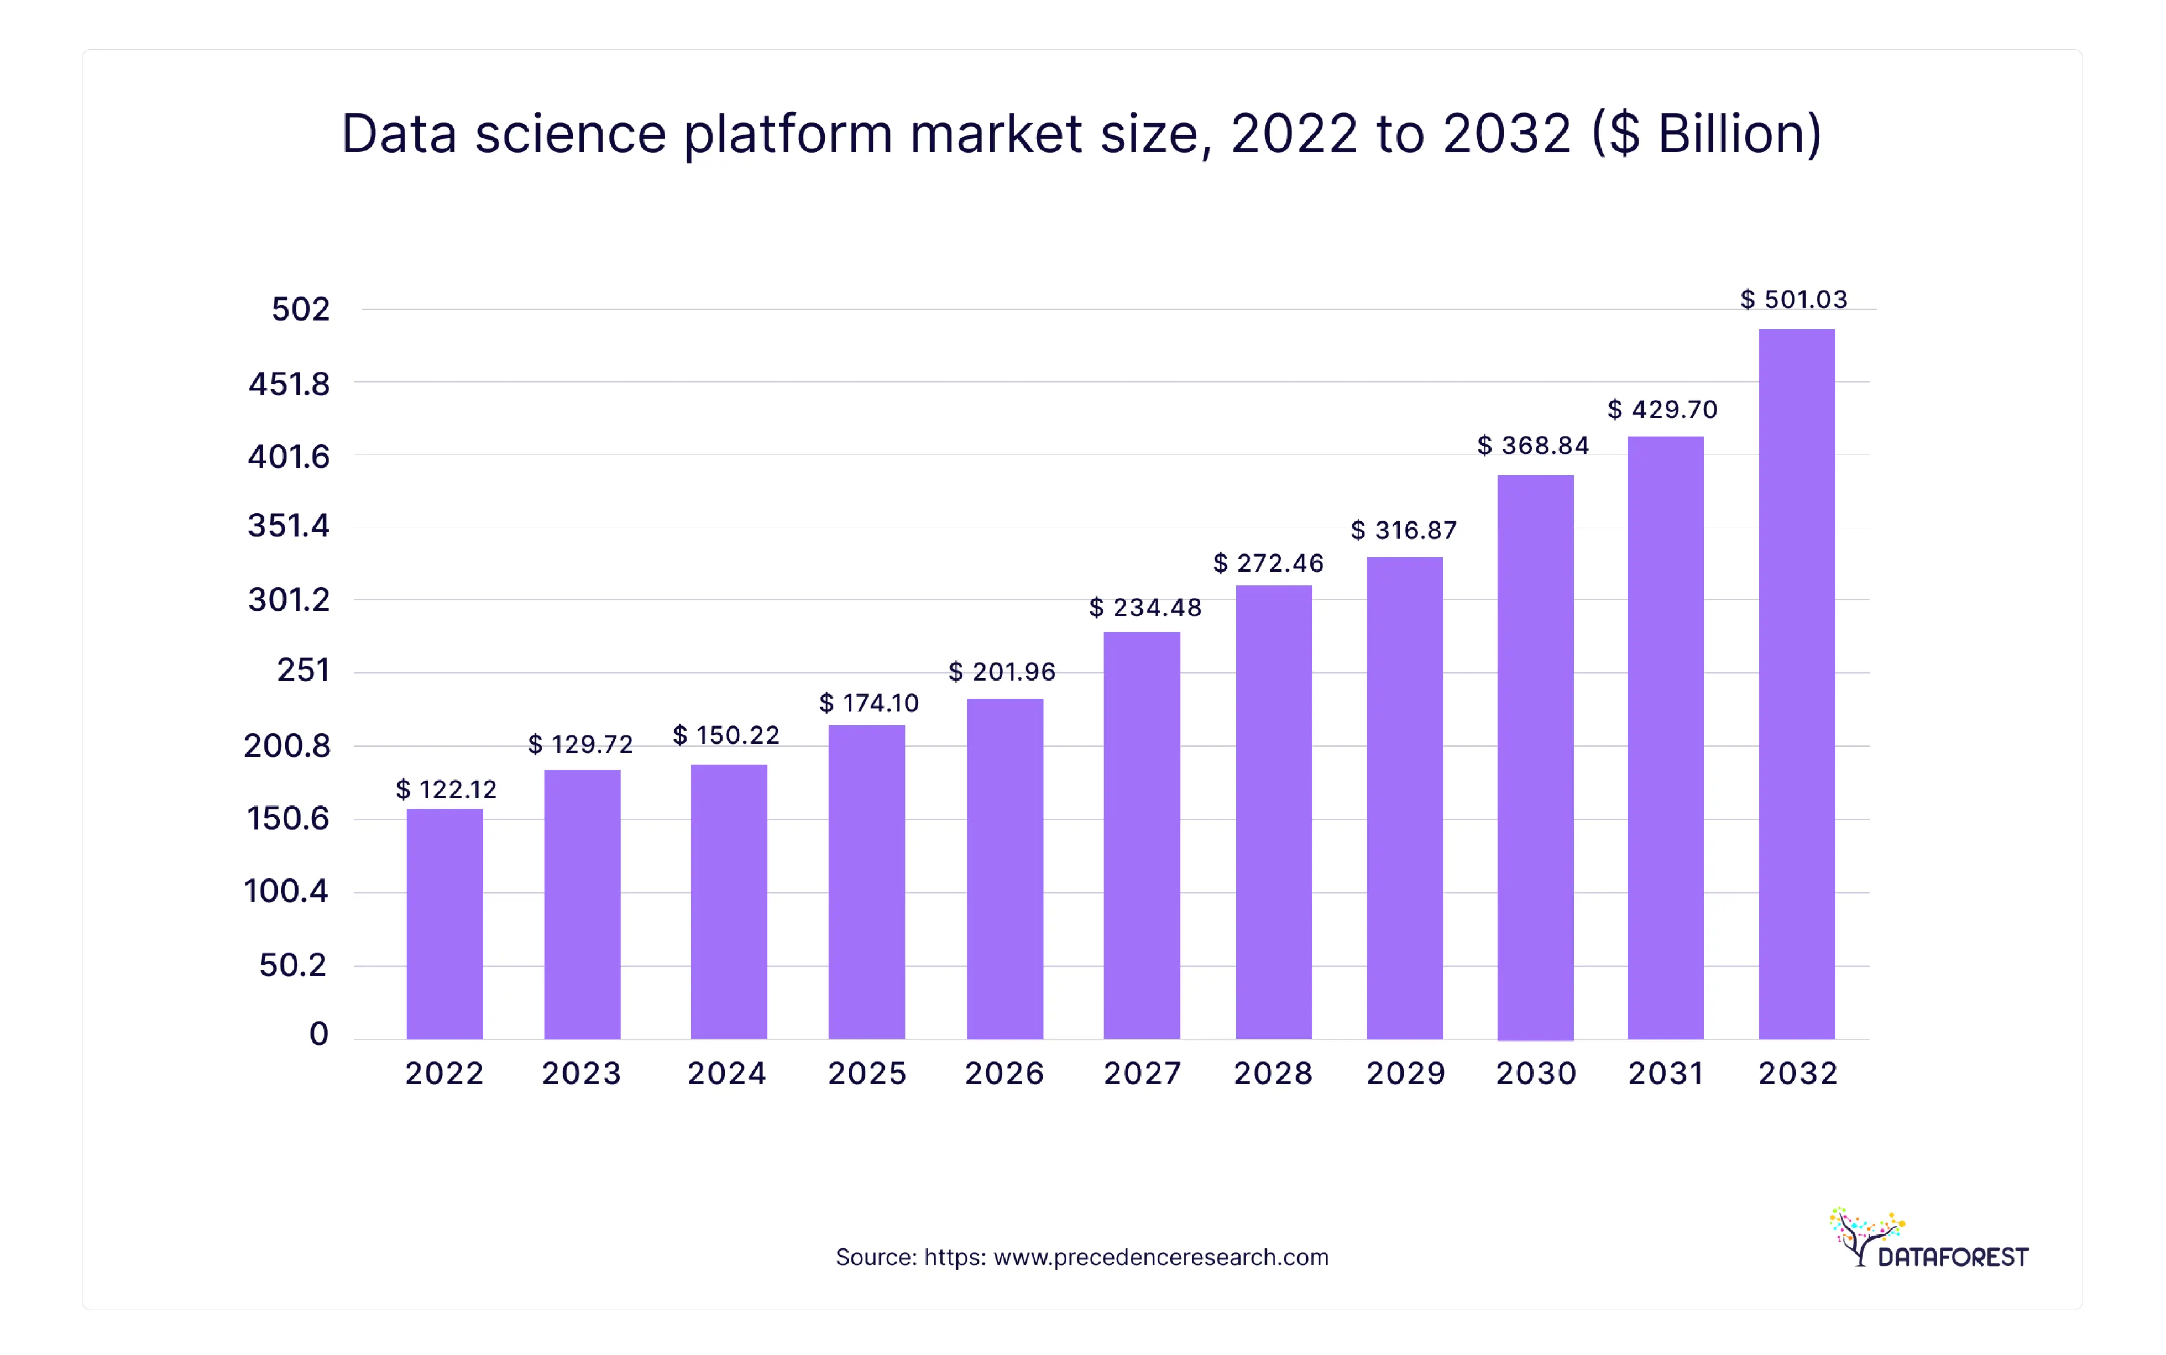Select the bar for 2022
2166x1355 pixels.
pos(444,923)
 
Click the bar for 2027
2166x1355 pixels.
pos(1141,835)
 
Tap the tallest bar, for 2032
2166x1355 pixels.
pos(1796,684)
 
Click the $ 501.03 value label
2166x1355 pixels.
pos(1793,299)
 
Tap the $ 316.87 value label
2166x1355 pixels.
pos(1404,531)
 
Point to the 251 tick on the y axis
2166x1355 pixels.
pos(303,671)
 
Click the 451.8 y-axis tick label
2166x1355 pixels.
pos(289,384)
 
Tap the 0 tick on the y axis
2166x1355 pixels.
pos(318,1034)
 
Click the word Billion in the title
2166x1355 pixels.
pos(1728,134)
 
